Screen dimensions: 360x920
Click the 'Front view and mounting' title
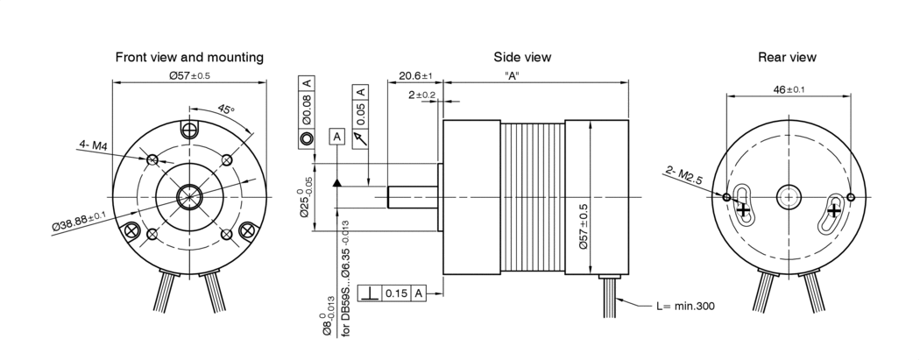189,57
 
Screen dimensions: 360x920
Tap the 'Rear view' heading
787,57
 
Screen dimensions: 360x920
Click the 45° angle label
225,110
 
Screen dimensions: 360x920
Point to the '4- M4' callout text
92,145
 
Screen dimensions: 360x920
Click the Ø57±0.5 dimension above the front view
189,76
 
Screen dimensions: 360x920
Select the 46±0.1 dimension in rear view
789,89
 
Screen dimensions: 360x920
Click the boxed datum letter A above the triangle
336,137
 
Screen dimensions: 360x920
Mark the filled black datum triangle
336,183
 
